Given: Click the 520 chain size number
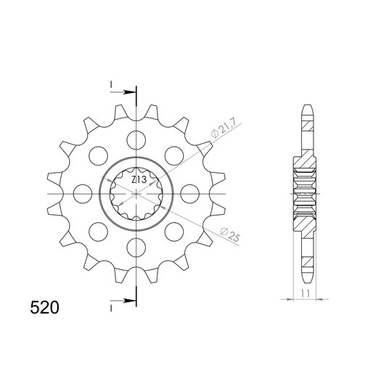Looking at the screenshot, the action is (44, 308).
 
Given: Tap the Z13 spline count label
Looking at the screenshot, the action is (139, 179).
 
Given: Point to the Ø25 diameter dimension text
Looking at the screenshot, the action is (230, 234).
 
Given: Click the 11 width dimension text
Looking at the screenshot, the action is (305, 293).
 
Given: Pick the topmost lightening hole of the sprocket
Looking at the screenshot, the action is (136, 140).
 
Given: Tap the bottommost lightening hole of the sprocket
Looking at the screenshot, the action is (136, 248).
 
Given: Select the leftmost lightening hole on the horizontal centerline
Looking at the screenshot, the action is (83, 194).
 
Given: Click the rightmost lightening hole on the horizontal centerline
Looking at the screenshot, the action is (189, 194).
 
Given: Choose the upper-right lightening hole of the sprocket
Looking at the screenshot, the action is (174, 156).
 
